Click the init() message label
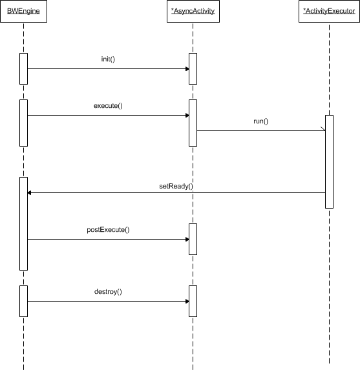(x=108, y=59)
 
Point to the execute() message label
(x=108, y=105)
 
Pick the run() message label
(x=261, y=121)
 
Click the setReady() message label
(x=176, y=186)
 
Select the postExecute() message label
(x=108, y=230)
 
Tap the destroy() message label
(x=108, y=292)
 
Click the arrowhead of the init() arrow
(x=187, y=69)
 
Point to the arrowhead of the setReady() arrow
(x=29, y=193)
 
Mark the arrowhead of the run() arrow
(x=323, y=129)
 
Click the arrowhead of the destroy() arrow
(x=187, y=302)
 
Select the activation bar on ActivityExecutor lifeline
(x=329, y=161)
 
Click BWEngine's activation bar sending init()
(x=24, y=68)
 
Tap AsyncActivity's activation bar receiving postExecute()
(x=193, y=240)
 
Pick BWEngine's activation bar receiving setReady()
(x=24, y=223)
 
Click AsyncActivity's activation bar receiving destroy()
(x=193, y=301)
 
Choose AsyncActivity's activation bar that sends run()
(x=193, y=123)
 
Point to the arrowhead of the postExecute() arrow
(x=187, y=240)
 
